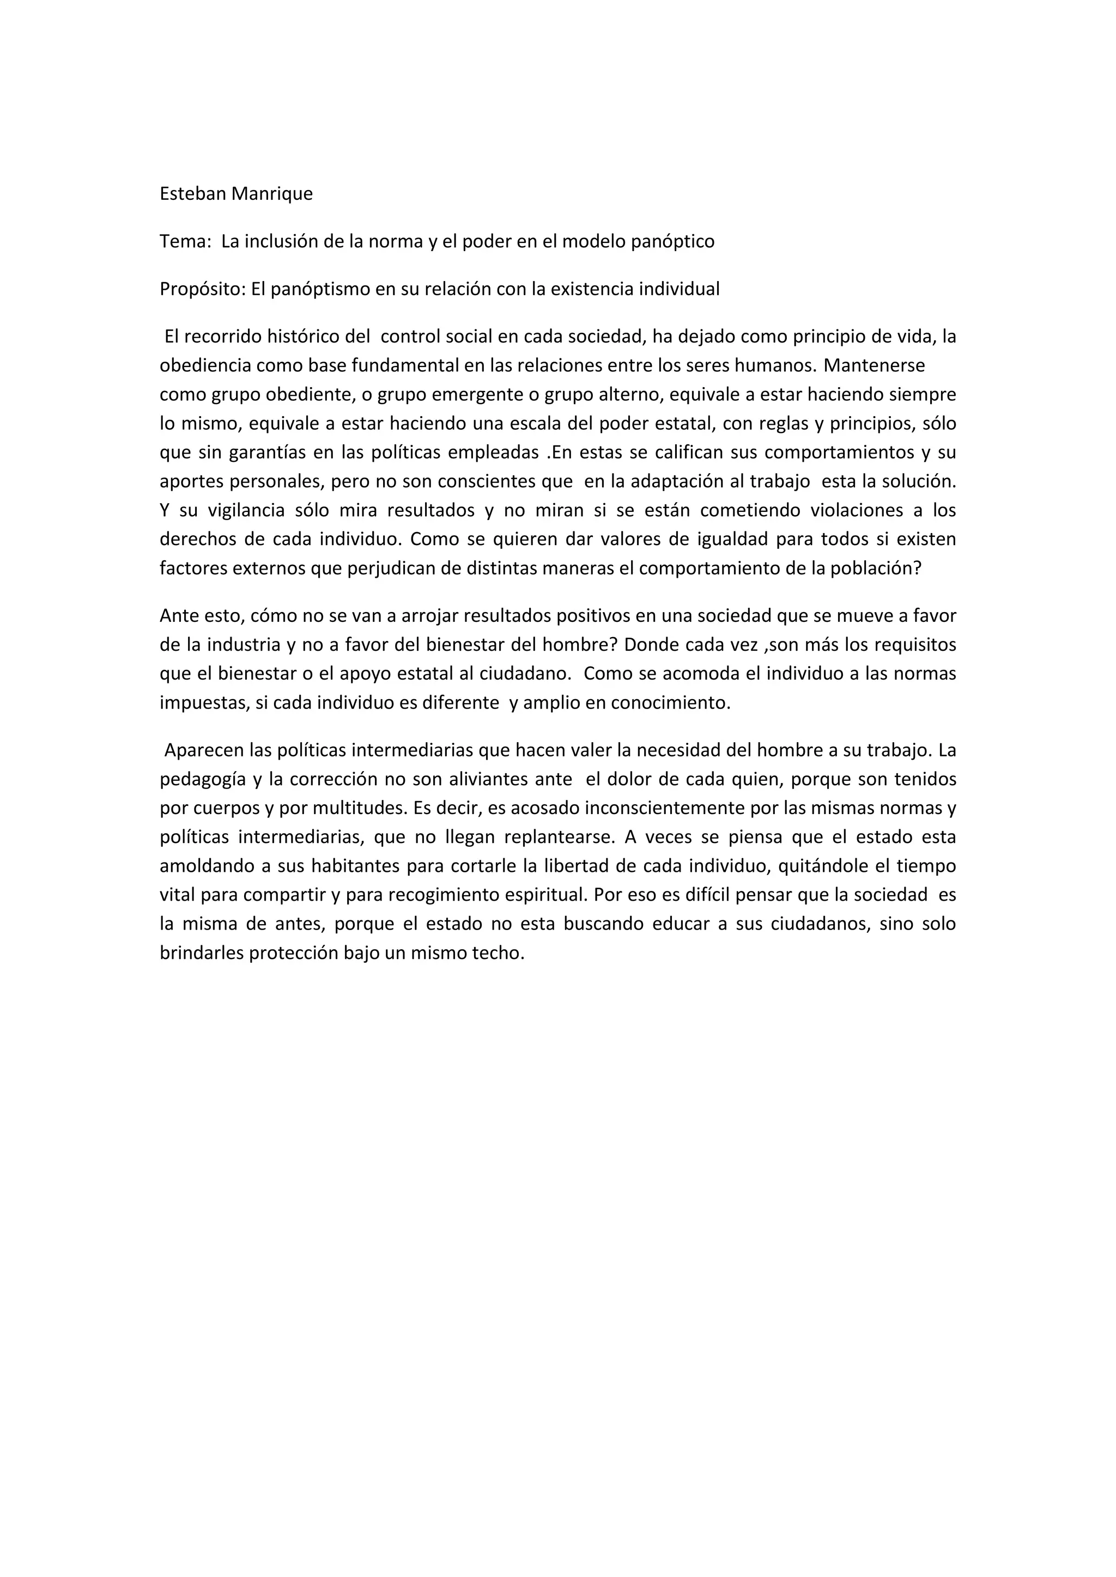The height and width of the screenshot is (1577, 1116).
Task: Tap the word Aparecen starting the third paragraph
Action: (200, 751)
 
